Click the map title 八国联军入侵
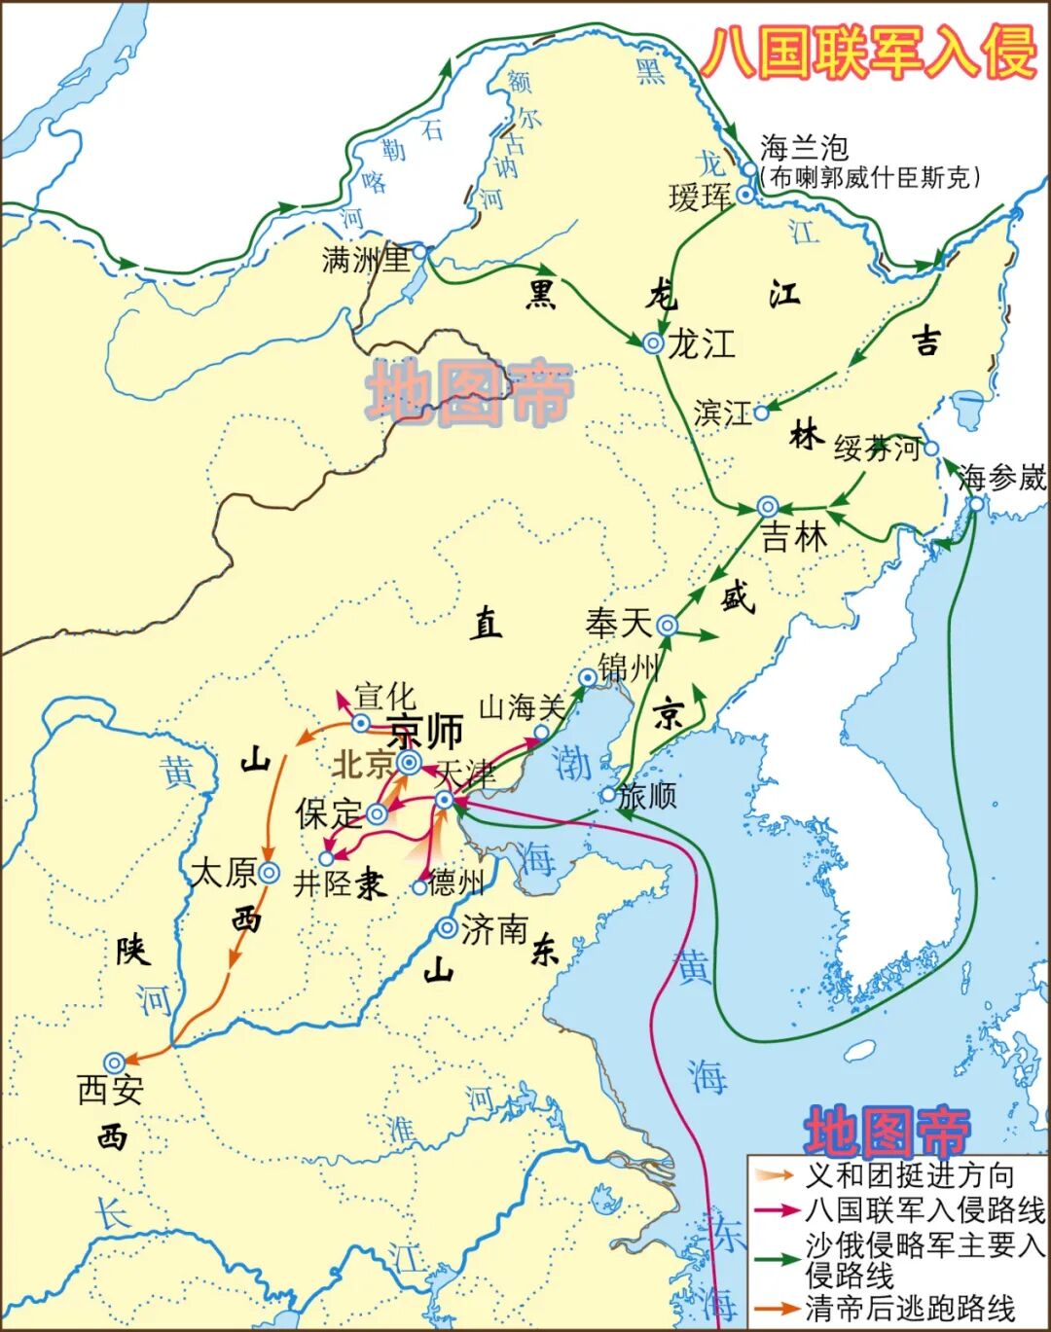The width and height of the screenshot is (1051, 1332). (869, 51)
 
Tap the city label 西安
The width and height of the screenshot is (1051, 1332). (111, 1090)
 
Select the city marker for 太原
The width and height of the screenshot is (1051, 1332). (269, 873)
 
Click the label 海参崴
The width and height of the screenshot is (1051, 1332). (1001, 478)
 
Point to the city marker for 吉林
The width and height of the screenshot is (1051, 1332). (768, 506)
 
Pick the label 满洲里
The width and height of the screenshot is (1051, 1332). (366, 259)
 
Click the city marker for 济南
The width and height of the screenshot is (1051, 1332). (447, 928)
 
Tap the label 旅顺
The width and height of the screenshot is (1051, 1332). (647, 795)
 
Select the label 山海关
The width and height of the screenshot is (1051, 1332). (522, 708)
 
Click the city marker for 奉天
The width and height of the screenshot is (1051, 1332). (668, 626)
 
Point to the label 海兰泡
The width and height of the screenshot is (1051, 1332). (805, 148)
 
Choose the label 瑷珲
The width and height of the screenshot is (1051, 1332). (700, 198)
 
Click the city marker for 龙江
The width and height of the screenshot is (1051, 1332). (653, 342)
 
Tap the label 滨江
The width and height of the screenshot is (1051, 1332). (723, 413)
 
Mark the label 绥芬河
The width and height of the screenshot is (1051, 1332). (877, 449)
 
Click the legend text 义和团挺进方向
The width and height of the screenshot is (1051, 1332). (909, 1175)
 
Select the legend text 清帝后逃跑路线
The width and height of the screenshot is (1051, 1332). (909, 1309)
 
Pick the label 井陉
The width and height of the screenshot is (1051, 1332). (323, 883)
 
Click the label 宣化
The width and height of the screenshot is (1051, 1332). (384, 697)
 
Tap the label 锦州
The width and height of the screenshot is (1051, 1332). (629, 668)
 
